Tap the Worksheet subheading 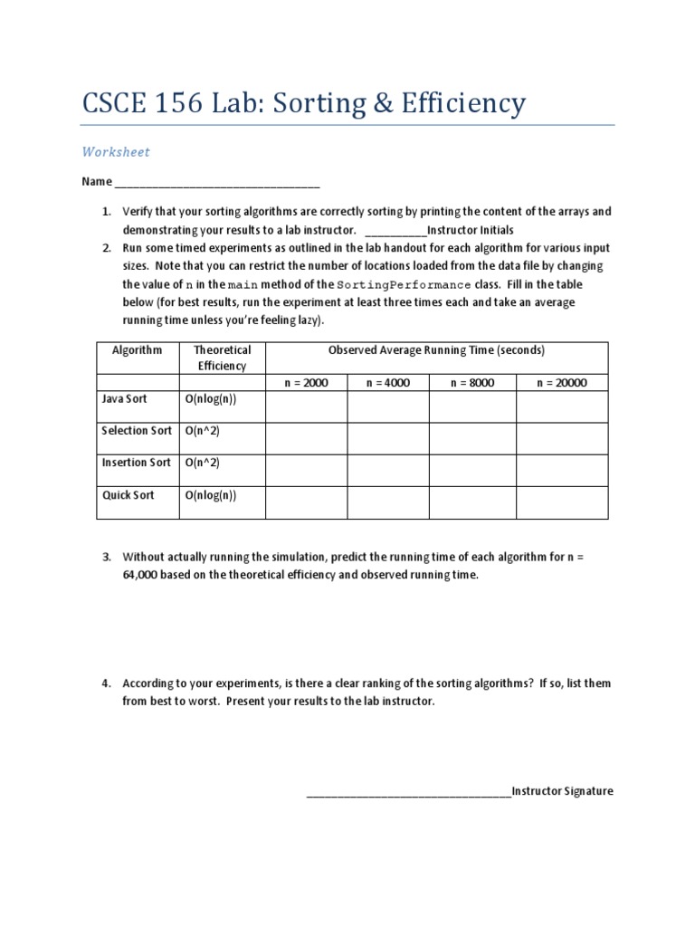(116, 152)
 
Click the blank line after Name (217, 182)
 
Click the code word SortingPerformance (391, 284)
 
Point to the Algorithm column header (138, 349)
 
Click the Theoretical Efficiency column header (222, 358)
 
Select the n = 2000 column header (306, 383)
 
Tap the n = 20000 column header (561, 383)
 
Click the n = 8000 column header (471, 383)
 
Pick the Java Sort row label (125, 398)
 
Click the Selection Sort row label (136, 431)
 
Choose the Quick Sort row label (128, 496)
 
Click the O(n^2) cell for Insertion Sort (203, 463)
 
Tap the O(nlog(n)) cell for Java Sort (211, 398)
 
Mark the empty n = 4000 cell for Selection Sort (387, 438)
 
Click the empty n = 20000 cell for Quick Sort (561, 503)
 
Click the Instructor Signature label (562, 791)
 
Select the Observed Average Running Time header (436, 349)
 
